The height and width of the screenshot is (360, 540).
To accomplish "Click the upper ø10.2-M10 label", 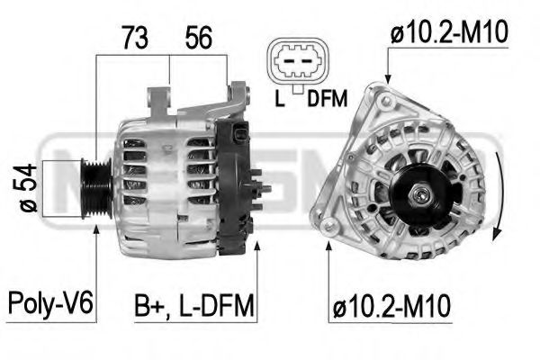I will point(450,34).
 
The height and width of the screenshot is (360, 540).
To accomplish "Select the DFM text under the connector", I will point(327,100).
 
